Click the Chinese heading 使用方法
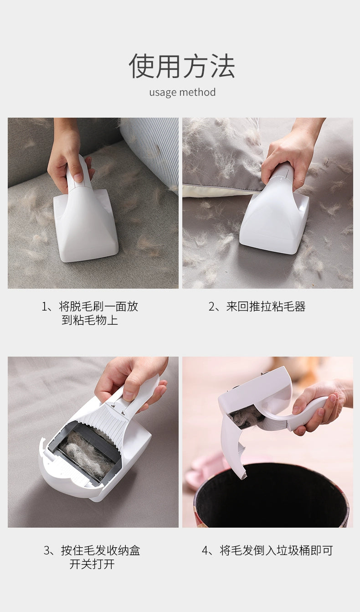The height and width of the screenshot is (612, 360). point(181,66)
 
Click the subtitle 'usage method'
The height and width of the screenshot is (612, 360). point(182,93)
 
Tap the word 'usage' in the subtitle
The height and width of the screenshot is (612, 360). point(162,93)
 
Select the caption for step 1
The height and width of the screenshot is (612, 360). point(90,313)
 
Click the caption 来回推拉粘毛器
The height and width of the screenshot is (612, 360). point(257,307)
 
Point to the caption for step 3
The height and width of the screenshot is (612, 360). point(92,557)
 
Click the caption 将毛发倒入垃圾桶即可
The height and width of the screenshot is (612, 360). point(267,551)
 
